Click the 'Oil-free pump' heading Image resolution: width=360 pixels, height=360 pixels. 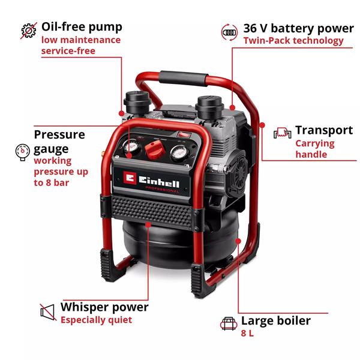tap(82, 27)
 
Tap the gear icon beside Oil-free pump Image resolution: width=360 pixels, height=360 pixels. tap(28, 30)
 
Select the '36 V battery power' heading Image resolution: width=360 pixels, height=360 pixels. tap(298, 28)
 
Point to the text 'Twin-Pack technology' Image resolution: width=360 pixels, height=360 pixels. tap(293, 41)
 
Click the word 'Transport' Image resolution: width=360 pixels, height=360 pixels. tap(324, 130)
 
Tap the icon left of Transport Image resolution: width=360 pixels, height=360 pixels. tap(282, 132)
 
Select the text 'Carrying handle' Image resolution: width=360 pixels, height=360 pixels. tap(315, 149)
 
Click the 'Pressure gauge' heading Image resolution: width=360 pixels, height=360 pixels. tap(59, 141)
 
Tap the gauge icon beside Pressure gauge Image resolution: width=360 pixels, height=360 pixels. tap(22, 151)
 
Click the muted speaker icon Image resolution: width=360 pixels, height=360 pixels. tap(47, 312)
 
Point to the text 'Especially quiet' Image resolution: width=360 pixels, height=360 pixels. tap(96, 320)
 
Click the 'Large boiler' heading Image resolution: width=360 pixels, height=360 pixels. tap(276, 321)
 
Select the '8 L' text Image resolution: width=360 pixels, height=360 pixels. tap(247, 334)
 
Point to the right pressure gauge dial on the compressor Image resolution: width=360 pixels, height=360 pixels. tap(178, 154)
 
